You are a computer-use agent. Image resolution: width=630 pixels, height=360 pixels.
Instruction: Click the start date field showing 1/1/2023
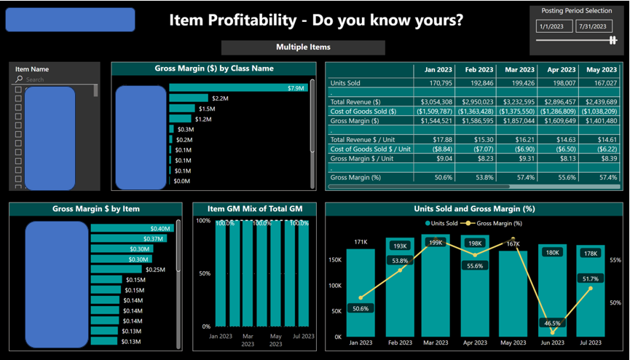click(x=554, y=27)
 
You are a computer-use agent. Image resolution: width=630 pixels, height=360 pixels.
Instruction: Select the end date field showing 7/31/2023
click(x=594, y=27)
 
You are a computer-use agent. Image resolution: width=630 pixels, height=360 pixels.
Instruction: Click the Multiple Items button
click(x=303, y=47)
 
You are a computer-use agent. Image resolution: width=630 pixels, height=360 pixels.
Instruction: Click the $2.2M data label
click(x=220, y=98)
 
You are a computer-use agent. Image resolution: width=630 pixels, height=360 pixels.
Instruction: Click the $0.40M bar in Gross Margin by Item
click(x=131, y=229)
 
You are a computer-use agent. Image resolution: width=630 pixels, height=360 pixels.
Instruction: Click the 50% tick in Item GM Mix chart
click(x=205, y=273)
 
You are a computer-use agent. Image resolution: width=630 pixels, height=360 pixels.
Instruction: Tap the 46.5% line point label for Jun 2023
click(x=552, y=323)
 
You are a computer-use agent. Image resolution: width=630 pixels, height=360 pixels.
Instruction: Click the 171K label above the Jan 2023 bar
click(x=360, y=242)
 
